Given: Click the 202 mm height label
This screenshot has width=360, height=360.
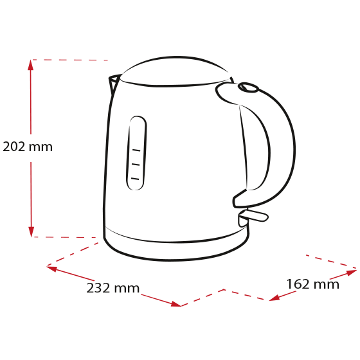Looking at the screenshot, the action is [28, 147].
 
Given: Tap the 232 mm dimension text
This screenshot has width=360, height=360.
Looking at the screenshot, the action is [113, 288].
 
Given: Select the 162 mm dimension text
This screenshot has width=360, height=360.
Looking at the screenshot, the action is [313, 284].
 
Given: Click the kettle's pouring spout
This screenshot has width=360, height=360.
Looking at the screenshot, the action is [114, 83].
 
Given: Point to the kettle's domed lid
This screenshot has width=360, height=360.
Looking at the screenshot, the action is [175, 71].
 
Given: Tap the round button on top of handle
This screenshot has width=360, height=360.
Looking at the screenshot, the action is [248, 87].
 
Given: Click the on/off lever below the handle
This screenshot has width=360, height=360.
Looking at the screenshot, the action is [253, 216].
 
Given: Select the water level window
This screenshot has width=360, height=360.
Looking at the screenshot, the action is [136, 153].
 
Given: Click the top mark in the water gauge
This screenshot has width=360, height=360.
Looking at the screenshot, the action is [136, 150].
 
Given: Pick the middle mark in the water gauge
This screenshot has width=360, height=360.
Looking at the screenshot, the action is [136, 165].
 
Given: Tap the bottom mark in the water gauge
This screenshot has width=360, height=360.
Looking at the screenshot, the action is [135, 179].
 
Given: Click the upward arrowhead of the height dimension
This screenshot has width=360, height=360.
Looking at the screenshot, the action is [31, 65].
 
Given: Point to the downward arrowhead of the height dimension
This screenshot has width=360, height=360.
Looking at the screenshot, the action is [32, 232].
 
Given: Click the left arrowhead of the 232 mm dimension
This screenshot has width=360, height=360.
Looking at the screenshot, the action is [51, 269].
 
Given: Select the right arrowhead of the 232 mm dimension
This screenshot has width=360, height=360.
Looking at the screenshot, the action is [176, 304].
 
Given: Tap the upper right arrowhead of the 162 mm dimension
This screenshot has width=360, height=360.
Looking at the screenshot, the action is [352, 273].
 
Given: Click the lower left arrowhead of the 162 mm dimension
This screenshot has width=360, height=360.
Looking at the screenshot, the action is [274, 298].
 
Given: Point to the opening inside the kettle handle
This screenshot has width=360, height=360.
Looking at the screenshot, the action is [255, 148].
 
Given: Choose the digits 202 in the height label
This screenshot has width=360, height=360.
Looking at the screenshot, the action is [14, 147].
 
